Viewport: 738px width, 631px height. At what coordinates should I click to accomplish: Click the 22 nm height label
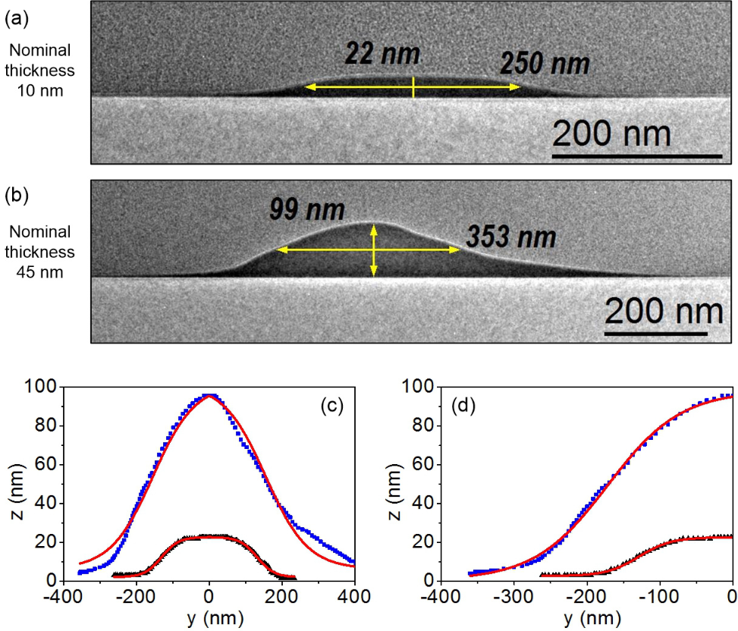click(x=382, y=54)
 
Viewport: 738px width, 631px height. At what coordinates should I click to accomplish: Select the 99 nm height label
click(x=308, y=209)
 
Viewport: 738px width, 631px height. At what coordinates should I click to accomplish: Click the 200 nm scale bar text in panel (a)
click(x=611, y=134)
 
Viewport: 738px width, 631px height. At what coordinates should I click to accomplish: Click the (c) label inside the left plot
click(x=331, y=405)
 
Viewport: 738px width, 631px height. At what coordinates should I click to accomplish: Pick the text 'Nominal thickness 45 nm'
click(x=43, y=252)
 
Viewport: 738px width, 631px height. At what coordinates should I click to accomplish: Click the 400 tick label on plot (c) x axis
click(x=353, y=596)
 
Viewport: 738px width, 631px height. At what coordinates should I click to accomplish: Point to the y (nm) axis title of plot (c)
click(x=209, y=618)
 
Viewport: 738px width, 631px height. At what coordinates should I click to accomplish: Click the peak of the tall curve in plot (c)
click(x=209, y=395)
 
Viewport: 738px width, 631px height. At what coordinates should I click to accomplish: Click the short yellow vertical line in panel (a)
click(x=413, y=88)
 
